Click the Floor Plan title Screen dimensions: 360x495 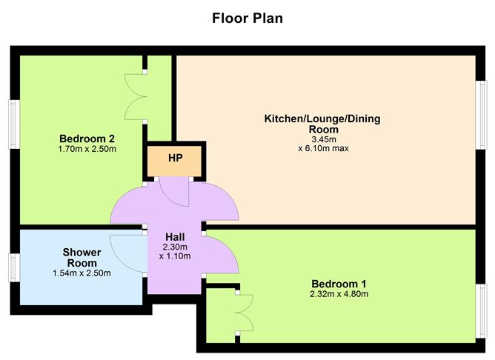coord(247,17)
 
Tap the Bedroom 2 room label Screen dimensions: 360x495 coord(87,138)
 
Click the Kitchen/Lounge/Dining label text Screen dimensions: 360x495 coord(322,119)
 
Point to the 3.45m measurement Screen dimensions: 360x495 coord(322,139)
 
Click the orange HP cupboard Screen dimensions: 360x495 coord(175,159)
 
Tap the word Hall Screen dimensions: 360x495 coord(175,237)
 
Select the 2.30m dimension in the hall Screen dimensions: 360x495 coord(175,247)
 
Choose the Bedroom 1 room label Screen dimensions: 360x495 coord(338,284)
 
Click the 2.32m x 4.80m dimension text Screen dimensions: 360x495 coord(338,294)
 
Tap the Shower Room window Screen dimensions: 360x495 coord(13,267)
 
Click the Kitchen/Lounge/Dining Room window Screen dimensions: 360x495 coord(480,107)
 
